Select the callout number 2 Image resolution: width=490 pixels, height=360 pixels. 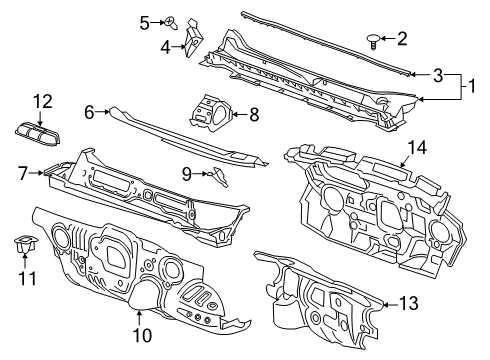(x=402, y=40)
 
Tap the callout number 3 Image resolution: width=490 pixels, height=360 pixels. (x=437, y=74)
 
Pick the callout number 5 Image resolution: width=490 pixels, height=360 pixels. (x=144, y=21)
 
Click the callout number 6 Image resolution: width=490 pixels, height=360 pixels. (x=89, y=113)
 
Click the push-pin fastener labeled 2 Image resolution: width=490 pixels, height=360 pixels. (x=373, y=41)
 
